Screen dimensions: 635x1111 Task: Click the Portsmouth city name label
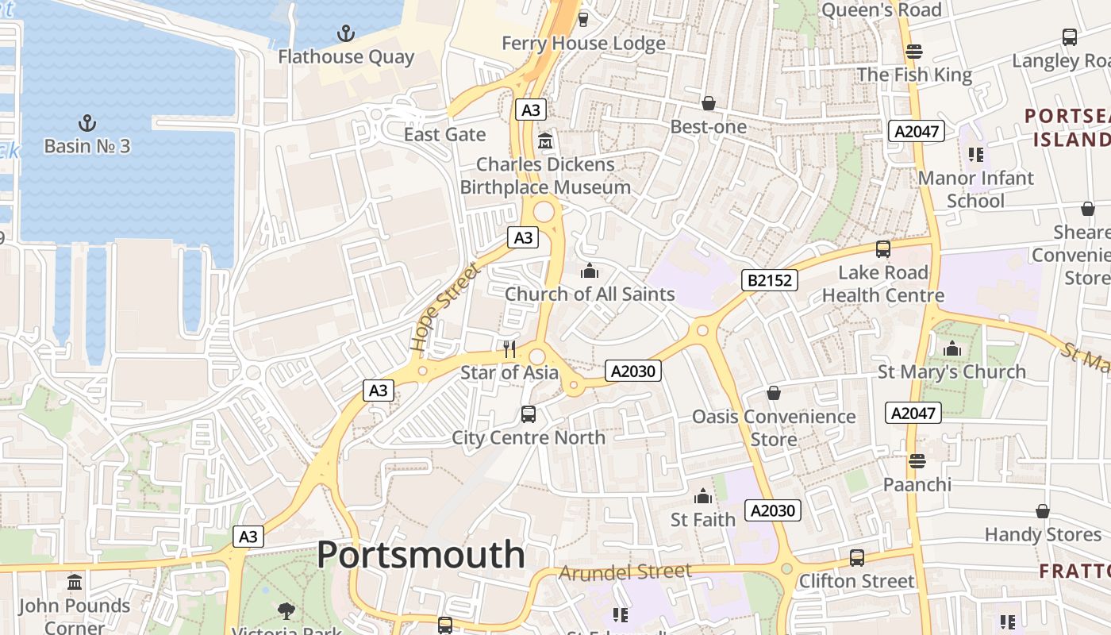421,554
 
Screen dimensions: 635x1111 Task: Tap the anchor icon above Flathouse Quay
345,33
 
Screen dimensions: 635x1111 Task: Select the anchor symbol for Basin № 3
86,123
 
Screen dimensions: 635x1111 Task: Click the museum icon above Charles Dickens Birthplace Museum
545,141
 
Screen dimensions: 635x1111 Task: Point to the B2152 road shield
769,279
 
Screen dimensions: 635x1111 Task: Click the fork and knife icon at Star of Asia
509,349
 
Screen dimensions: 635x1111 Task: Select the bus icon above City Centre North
529,414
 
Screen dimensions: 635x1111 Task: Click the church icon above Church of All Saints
589,271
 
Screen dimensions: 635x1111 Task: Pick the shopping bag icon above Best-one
708,103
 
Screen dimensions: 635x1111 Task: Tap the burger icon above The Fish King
914,52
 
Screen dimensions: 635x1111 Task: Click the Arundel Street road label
625,571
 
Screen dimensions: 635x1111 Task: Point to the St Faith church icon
702,497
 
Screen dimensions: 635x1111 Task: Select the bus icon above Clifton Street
856,557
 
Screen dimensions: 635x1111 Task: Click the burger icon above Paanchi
917,461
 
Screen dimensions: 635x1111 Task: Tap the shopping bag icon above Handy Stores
1043,511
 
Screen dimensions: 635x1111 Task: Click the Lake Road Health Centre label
882,284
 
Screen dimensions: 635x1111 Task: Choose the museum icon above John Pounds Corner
75,583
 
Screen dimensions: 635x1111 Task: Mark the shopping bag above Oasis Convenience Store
773,393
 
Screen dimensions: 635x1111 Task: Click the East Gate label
444,134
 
